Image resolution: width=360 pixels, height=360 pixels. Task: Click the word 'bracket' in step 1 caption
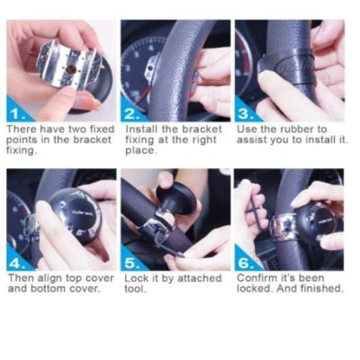point(77,139)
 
